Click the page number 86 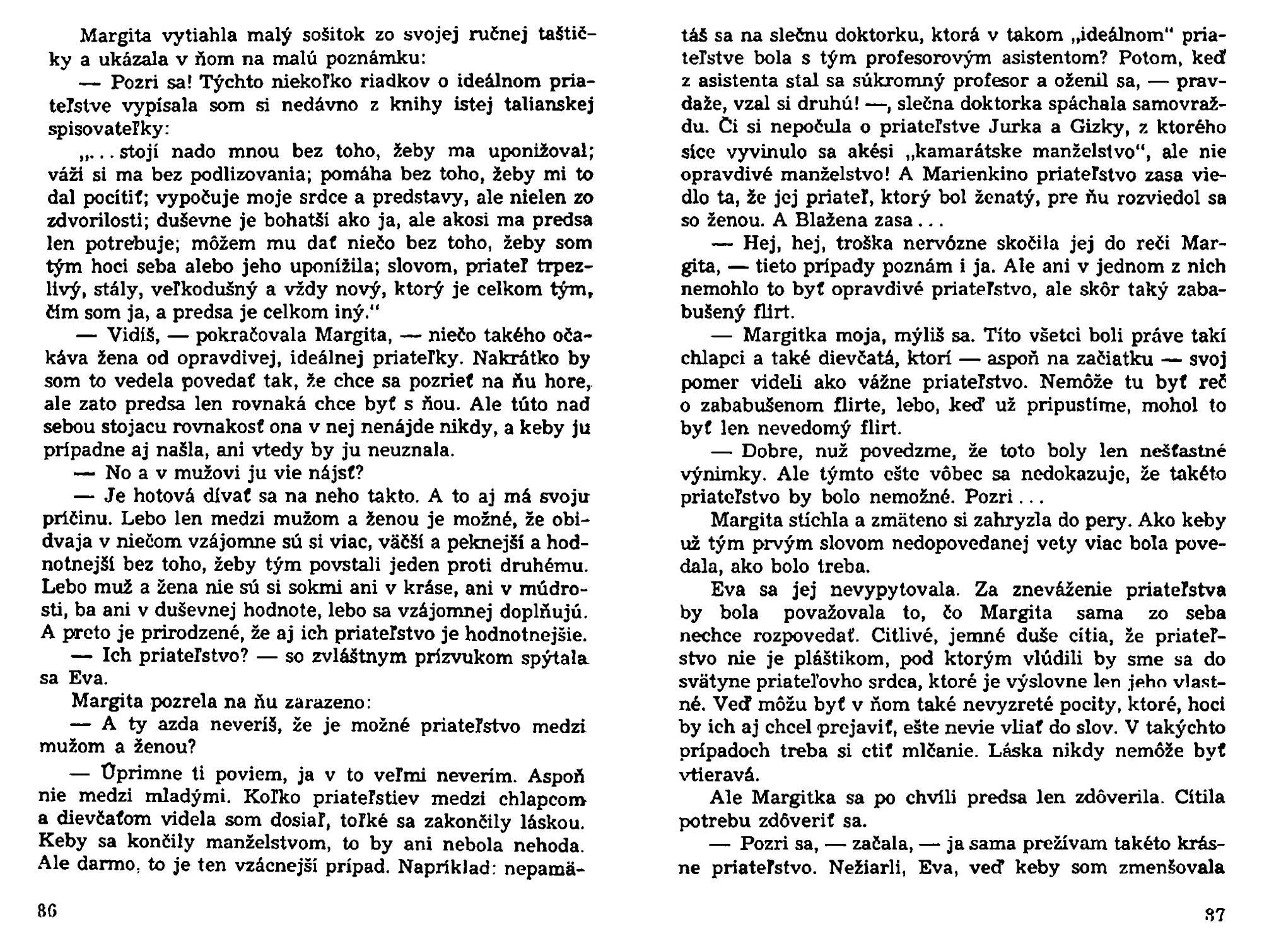click(47, 913)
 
